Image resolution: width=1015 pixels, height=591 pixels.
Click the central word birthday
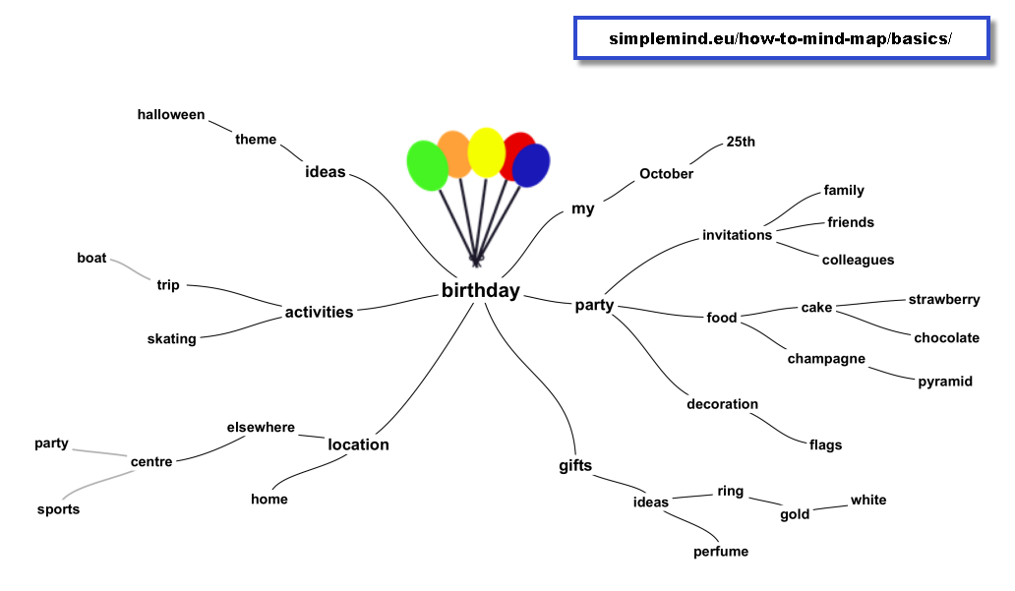tap(480, 291)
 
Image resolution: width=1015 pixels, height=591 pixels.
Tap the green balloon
tap(427, 166)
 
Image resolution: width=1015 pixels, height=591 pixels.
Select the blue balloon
tap(531, 166)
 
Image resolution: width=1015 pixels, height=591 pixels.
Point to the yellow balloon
tap(486, 152)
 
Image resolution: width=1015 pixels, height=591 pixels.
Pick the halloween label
tap(171, 115)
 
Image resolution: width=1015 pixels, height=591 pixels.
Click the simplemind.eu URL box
tap(781, 38)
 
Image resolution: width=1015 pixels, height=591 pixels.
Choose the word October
tap(666, 173)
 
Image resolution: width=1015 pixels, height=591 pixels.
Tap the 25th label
tap(741, 142)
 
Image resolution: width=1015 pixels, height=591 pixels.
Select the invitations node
tap(738, 235)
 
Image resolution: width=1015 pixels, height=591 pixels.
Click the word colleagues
tap(858, 261)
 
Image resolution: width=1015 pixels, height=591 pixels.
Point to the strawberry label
tap(944, 300)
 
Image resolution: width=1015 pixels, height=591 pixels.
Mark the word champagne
tap(826, 359)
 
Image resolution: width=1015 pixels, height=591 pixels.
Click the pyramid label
tap(945, 382)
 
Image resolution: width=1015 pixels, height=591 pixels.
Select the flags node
tap(825, 444)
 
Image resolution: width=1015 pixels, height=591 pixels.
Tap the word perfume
tap(721, 552)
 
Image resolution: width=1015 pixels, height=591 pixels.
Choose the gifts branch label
tap(575, 466)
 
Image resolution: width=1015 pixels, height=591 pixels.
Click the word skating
tap(171, 339)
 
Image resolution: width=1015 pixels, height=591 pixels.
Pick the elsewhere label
tap(261, 427)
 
